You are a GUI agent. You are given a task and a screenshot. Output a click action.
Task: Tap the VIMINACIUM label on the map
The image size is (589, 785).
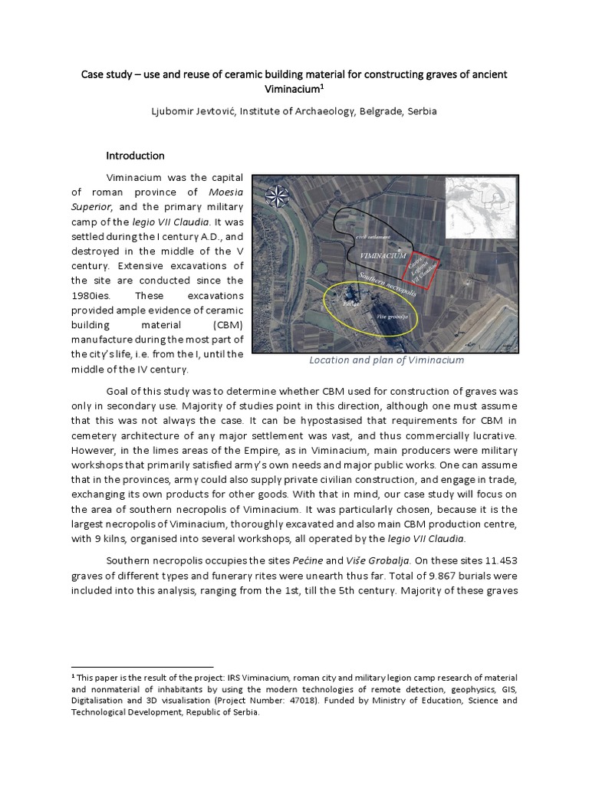click(377, 255)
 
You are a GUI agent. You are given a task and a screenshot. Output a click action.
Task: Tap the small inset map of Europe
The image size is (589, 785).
click(482, 205)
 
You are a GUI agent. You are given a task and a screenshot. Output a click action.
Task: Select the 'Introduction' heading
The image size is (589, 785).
click(136, 156)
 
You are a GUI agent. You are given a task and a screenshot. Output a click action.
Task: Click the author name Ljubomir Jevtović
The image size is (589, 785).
click(196, 111)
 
